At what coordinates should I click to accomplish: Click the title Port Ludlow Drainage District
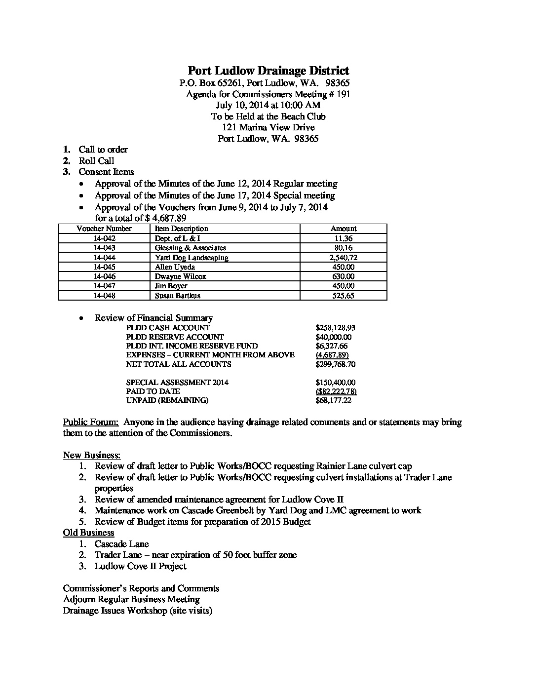(x=268, y=71)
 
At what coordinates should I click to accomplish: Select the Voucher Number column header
(x=104, y=229)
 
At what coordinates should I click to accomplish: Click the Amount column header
(x=344, y=229)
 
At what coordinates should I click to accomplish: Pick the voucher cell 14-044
(x=104, y=257)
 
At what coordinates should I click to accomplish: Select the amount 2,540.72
(x=343, y=257)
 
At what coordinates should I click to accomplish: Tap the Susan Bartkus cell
(x=178, y=296)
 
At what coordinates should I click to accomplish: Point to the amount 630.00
(x=343, y=276)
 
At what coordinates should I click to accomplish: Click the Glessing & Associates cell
(x=191, y=248)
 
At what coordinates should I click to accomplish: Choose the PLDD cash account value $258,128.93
(x=335, y=328)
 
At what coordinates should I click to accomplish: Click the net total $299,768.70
(x=335, y=364)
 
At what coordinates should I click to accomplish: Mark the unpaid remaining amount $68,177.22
(x=333, y=400)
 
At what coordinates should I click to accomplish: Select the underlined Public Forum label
(x=91, y=422)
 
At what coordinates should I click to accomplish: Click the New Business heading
(x=92, y=455)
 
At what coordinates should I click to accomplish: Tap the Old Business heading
(x=89, y=533)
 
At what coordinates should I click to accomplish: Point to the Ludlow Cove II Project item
(x=141, y=566)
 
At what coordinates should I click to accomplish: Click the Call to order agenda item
(x=103, y=150)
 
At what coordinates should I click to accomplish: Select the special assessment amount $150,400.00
(x=335, y=383)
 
